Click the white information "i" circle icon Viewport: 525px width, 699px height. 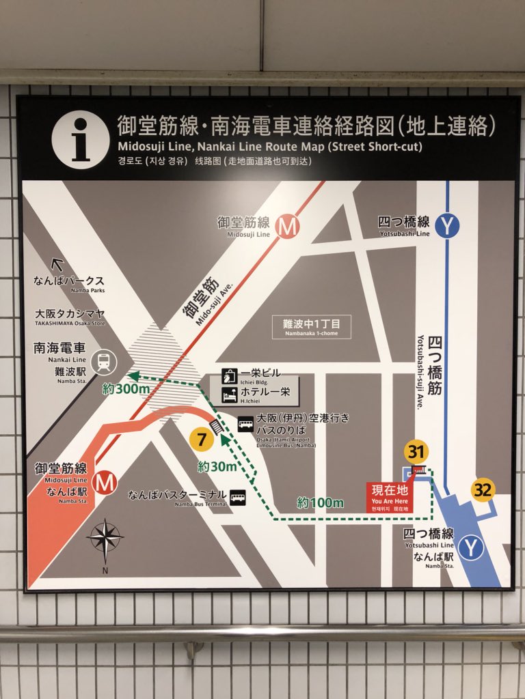(x=80, y=140)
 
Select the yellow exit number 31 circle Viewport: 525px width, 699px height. (x=416, y=451)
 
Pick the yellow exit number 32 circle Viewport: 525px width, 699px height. (x=483, y=489)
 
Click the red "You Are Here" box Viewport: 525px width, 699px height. (x=390, y=496)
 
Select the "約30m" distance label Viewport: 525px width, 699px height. (x=217, y=467)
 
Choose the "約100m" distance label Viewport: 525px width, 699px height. (x=320, y=503)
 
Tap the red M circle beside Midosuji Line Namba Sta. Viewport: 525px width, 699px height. (x=105, y=482)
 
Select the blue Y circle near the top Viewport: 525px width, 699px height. (x=447, y=226)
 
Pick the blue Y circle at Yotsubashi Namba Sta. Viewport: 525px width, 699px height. (x=471, y=547)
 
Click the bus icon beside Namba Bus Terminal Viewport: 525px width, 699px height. (x=237, y=497)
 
